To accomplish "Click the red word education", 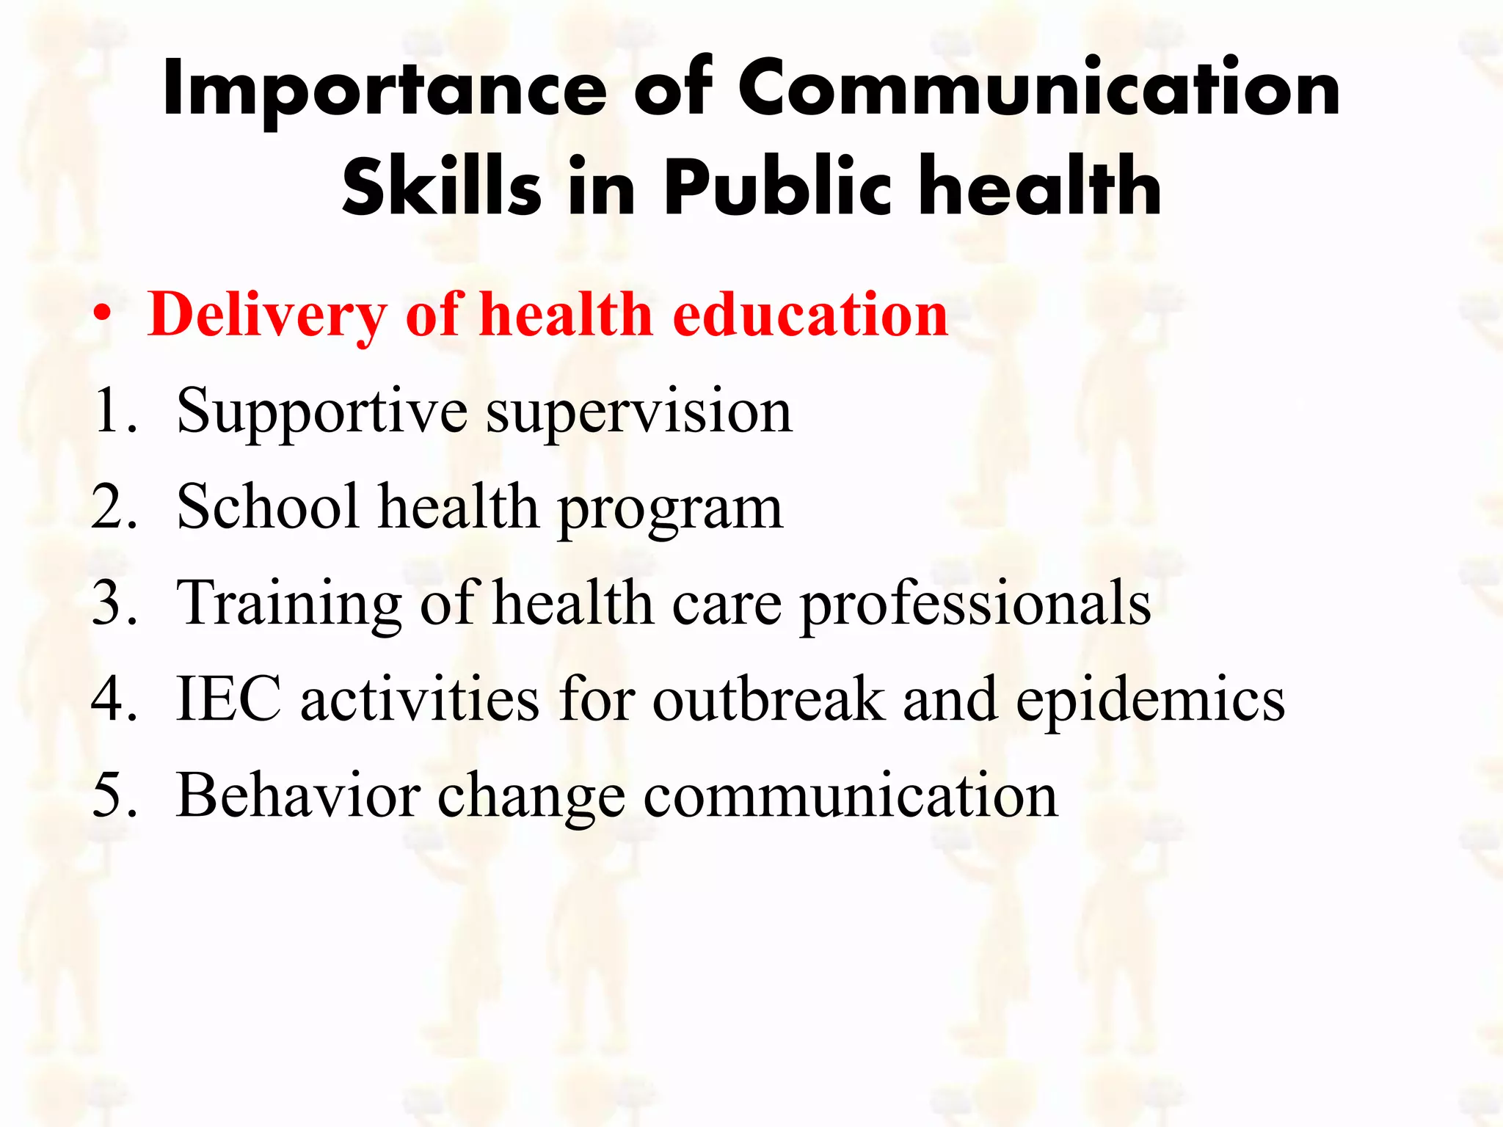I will coord(810,314).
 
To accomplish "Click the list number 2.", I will coord(113,507).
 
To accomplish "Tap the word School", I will coord(268,507).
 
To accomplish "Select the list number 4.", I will coord(113,699).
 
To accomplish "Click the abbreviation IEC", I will coord(228,699).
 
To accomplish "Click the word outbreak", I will coord(768,699).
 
